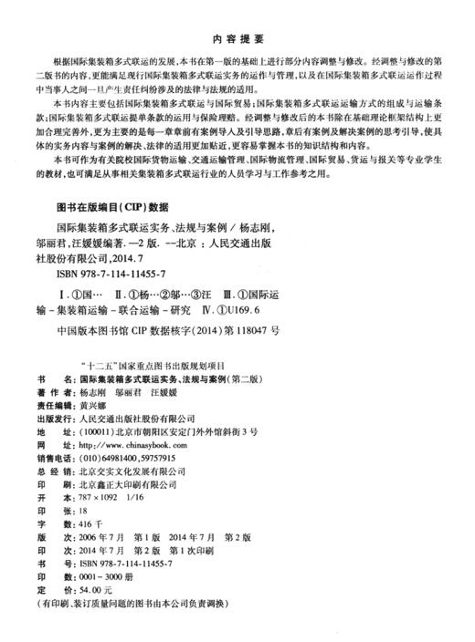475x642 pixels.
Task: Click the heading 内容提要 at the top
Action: click(x=237, y=39)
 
